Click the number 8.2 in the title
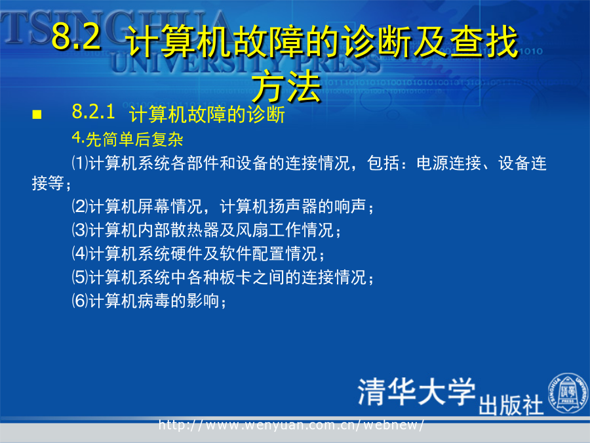tap(76, 36)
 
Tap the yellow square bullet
tap(37, 114)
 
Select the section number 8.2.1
tap(93, 112)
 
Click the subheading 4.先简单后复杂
tap(128, 139)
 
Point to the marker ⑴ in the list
tap(80, 163)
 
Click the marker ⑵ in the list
tap(80, 206)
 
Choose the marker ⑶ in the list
tap(80, 230)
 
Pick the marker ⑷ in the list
tap(80, 253)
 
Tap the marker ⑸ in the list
tap(80, 277)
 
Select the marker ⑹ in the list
tap(80, 301)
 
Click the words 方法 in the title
tap(286, 87)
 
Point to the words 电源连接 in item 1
tap(449, 163)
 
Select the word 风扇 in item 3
tap(252, 230)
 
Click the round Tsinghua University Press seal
tap(568, 392)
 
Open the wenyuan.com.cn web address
tap(291, 425)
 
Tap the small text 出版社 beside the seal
tap(511, 406)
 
